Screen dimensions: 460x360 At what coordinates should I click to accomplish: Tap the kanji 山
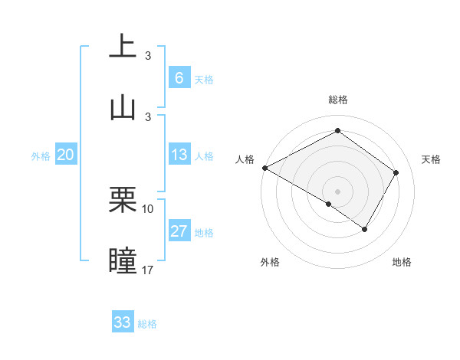tap(123, 107)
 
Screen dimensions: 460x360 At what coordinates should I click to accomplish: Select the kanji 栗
tap(123, 201)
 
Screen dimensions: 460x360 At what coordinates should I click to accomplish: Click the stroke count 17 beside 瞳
tap(148, 270)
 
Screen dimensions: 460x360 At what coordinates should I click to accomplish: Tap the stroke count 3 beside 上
tap(148, 56)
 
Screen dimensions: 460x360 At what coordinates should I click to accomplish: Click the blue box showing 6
tap(179, 78)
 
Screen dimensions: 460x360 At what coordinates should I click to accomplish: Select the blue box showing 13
tap(179, 155)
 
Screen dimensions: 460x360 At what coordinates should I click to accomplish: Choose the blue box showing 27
tap(179, 232)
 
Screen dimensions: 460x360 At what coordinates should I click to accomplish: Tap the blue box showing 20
tap(65, 155)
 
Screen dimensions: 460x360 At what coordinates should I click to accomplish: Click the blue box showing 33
tap(123, 322)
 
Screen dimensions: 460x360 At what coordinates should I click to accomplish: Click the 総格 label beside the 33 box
tap(148, 324)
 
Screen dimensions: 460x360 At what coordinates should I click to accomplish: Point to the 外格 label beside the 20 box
tap(41, 156)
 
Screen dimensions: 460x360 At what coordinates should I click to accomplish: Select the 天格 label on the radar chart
tap(432, 159)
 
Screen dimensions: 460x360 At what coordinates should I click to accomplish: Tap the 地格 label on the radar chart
tap(402, 262)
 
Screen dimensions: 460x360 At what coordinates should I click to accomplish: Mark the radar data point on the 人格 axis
tap(264, 167)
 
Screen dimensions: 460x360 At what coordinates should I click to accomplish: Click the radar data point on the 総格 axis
tap(337, 130)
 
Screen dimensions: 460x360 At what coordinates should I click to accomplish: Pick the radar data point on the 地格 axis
tap(365, 229)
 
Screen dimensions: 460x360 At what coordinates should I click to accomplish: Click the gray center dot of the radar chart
tap(337, 191)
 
